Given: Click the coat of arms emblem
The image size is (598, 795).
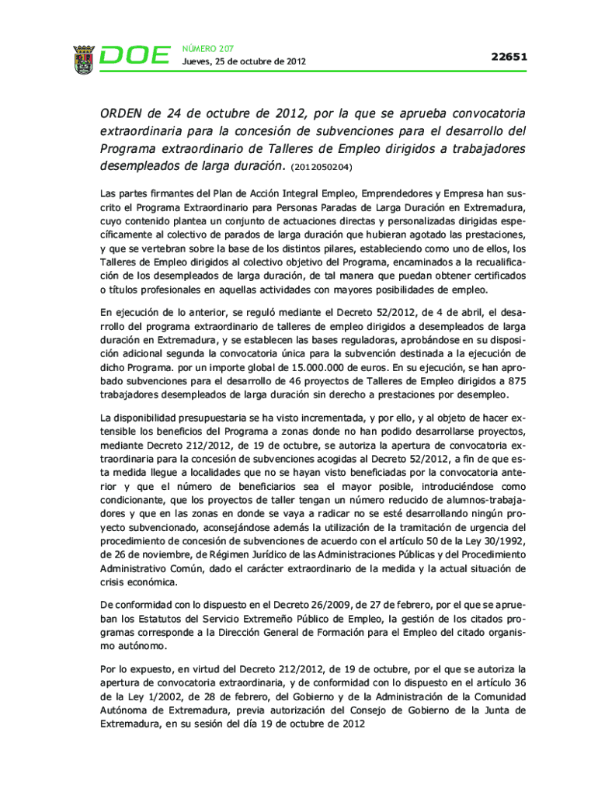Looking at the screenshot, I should pyautogui.click(x=84, y=59).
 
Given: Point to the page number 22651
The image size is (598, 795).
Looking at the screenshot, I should pyautogui.click(x=509, y=57).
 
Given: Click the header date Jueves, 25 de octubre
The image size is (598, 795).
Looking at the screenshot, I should pyautogui.click(x=244, y=61).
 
